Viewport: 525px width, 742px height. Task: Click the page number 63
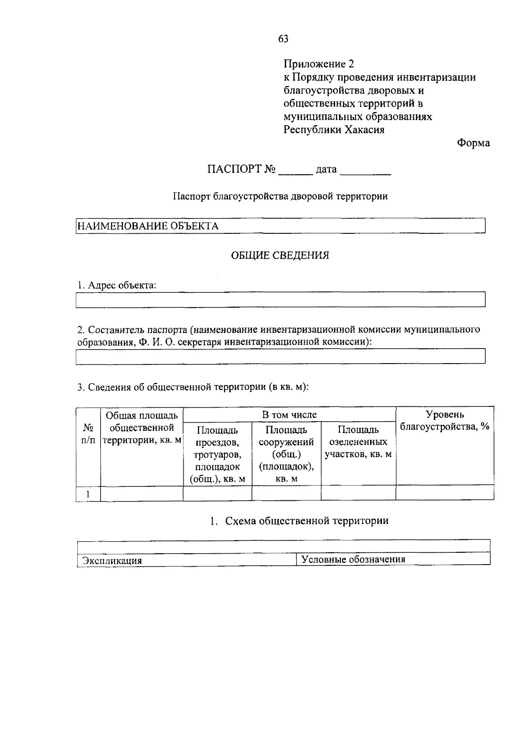283,39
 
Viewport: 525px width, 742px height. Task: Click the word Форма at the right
473,143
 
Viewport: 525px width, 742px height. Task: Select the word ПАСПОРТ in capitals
234,169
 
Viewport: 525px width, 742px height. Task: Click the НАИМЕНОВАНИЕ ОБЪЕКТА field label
148,226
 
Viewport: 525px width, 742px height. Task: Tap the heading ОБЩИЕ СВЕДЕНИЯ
280,256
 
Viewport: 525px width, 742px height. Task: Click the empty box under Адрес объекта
280,300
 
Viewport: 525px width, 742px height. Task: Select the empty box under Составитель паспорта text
280,356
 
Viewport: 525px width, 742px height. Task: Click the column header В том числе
289,414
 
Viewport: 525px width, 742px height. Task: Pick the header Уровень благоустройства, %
444,420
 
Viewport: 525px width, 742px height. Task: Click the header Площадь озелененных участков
358,442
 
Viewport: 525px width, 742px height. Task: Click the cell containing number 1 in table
88,494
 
